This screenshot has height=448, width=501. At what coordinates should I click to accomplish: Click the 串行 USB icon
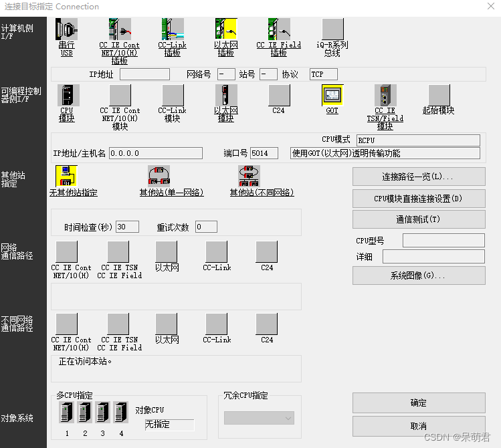click(66, 29)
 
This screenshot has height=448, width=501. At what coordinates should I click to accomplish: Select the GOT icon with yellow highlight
click(332, 96)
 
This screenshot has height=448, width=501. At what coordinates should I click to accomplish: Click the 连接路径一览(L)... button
click(419, 177)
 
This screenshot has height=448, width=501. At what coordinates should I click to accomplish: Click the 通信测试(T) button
click(419, 219)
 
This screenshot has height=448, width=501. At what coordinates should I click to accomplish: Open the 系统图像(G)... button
click(419, 275)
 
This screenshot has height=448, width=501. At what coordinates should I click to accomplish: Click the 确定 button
click(419, 403)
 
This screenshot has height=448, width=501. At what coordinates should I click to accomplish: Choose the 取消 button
click(419, 426)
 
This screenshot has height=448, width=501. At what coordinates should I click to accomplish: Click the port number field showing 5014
click(264, 153)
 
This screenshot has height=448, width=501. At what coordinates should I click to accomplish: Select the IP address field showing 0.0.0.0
click(155, 153)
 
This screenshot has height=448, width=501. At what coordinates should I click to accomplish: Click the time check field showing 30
click(126, 227)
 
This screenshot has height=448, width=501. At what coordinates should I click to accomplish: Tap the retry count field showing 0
click(205, 227)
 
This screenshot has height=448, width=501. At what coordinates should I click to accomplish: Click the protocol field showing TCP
click(323, 74)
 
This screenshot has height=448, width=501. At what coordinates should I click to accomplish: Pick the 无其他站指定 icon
click(66, 177)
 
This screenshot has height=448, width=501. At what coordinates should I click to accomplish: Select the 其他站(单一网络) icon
click(159, 177)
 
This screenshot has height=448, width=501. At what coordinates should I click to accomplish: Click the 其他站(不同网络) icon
click(249, 177)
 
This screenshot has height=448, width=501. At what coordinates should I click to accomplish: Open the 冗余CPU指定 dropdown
click(259, 418)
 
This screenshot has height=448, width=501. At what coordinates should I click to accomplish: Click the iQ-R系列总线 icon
click(332, 29)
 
